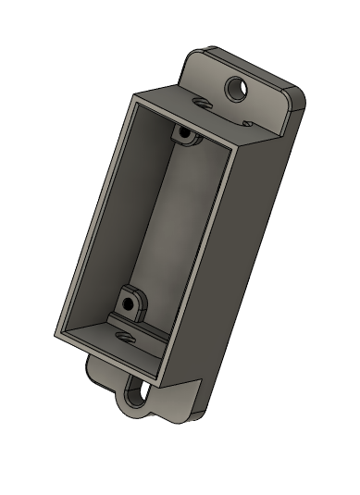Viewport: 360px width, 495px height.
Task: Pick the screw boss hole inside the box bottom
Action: point(130,303)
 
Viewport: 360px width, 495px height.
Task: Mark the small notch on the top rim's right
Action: point(246,121)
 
